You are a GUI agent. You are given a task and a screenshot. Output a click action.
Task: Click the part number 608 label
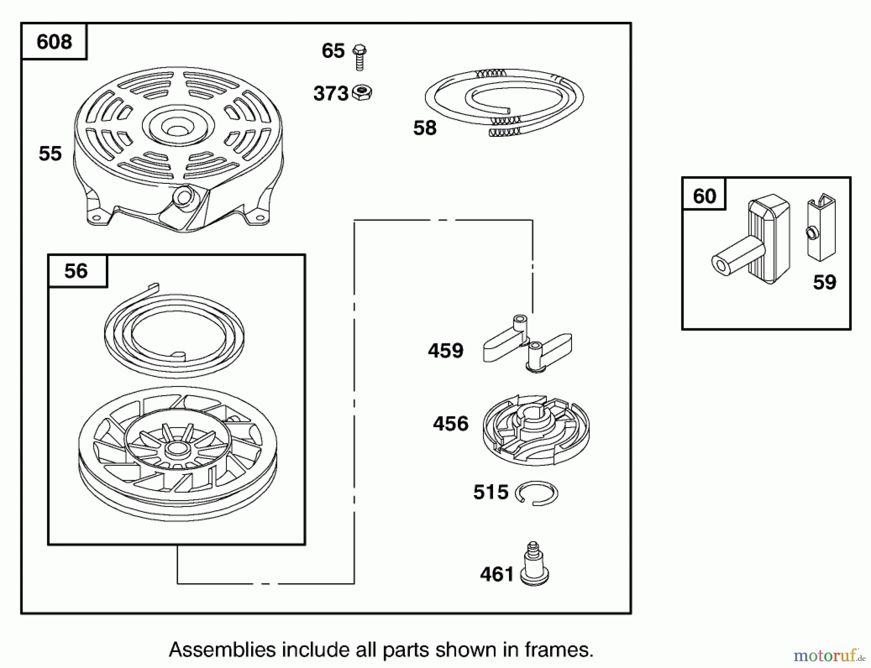click(54, 42)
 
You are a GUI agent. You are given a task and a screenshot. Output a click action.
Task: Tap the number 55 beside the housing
click(50, 154)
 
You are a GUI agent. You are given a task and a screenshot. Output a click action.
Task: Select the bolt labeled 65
click(359, 57)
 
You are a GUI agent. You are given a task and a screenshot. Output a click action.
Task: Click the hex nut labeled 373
click(361, 92)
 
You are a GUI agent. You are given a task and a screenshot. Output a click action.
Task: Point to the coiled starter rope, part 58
click(505, 102)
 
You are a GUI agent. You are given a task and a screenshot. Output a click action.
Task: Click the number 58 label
click(425, 128)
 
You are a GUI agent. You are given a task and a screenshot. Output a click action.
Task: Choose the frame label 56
click(76, 271)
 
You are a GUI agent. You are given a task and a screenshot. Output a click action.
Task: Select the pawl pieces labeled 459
click(527, 343)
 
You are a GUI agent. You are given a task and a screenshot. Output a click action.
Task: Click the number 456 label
click(451, 424)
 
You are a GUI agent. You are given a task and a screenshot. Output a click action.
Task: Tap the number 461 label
click(496, 574)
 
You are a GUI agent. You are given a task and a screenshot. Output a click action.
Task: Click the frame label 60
click(704, 196)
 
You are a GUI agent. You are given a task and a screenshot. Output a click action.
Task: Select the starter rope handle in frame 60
click(755, 242)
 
